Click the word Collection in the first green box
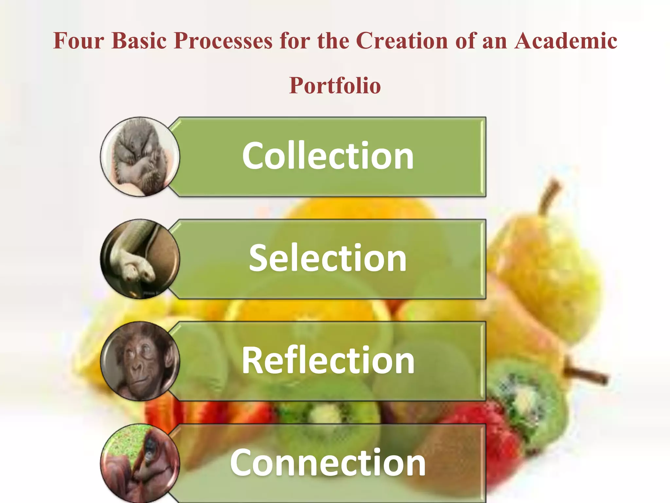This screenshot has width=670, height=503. coord(328,156)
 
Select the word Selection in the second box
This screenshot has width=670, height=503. coord(328,259)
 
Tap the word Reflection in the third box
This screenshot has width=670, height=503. coord(328,361)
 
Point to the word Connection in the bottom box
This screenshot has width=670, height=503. coord(328,463)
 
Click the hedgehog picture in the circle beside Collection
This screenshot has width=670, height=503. coord(140,157)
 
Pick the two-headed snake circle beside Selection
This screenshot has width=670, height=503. coord(140,259)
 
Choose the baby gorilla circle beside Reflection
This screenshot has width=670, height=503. coord(140,361)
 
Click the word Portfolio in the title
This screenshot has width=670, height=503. coord(335,86)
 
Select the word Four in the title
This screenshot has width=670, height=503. coord(79,41)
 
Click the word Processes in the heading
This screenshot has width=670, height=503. coord(223,41)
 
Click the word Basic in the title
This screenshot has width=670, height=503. coord(139,41)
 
